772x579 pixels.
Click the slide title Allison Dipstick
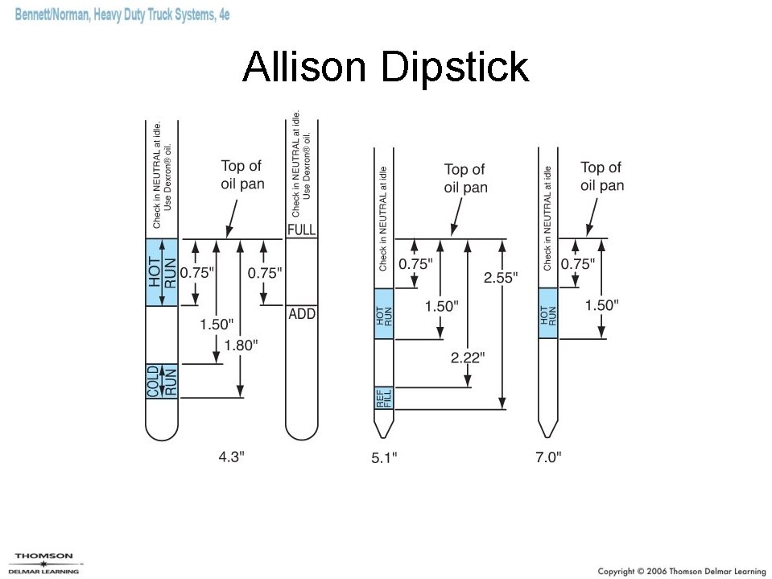point(386,68)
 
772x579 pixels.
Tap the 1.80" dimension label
point(241,345)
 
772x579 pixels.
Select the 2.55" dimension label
point(501,277)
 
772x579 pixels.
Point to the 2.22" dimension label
point(467,357)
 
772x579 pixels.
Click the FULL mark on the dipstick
point(302,230)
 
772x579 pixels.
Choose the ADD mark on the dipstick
point(302,314)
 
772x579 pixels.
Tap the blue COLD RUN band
point(161,380)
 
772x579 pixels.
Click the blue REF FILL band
point(384,398)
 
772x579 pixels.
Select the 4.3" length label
point(232,457)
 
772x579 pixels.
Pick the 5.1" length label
point(384,458)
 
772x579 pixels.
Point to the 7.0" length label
point(548,457)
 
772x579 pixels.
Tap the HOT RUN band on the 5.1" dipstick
point(384,313)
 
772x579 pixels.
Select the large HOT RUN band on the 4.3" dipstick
point(161,272)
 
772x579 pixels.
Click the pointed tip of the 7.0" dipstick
point(549,431)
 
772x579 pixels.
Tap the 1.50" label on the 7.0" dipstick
point(601,305)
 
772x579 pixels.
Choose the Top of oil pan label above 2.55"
point(465,178)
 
